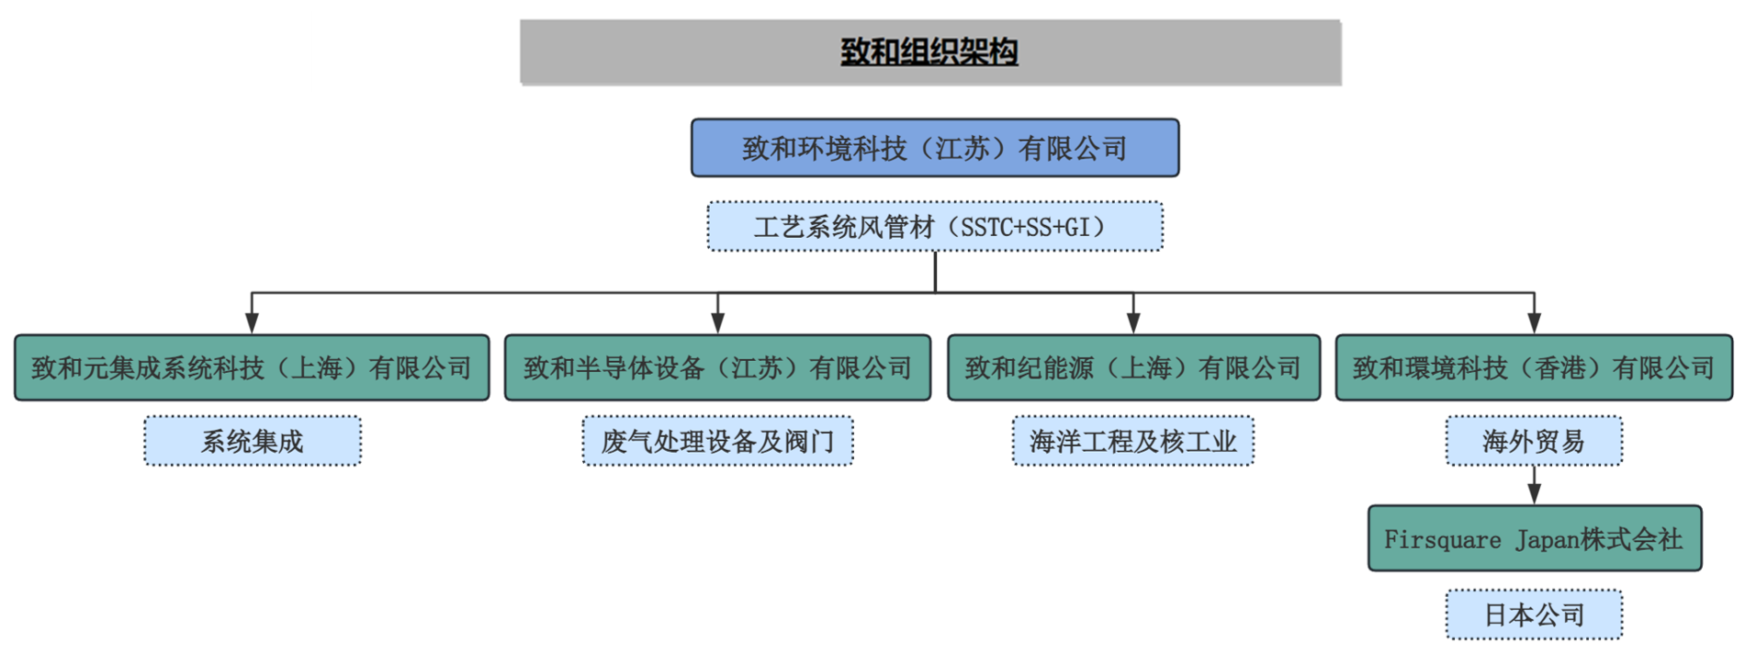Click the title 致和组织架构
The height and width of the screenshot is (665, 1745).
(x=929, y=51)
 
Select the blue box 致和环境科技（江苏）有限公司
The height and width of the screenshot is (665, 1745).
(x=935, y=148)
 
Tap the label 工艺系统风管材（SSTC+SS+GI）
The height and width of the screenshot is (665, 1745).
(x=935, y=227)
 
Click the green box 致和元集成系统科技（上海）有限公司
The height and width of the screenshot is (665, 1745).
(x=252, y=368)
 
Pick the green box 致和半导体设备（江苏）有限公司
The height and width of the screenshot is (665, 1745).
(x=717, y=368)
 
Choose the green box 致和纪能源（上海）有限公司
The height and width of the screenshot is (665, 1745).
(x=1133, y=368)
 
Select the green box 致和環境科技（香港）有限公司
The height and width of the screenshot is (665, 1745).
(x=1534, y=368)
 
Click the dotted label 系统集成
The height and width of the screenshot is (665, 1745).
(x=253, y=442)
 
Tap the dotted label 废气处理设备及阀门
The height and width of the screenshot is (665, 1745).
(x=717, y=442)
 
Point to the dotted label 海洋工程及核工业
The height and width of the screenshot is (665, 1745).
(x=1133, y=442)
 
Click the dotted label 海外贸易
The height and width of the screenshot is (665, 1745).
(x=1534, y=442)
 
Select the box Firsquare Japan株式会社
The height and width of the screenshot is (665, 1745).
(x=1534, y=539)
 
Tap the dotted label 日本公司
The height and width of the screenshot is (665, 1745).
(x=1534, y=614)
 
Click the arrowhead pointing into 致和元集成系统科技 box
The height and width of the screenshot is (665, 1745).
(x=252, y=323)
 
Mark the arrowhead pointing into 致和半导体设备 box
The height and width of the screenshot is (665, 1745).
(x=717, y=323)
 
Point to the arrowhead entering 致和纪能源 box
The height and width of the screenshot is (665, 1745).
(x=1133, y=323)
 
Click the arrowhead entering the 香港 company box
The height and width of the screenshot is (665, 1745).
(x=1534, y=323)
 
